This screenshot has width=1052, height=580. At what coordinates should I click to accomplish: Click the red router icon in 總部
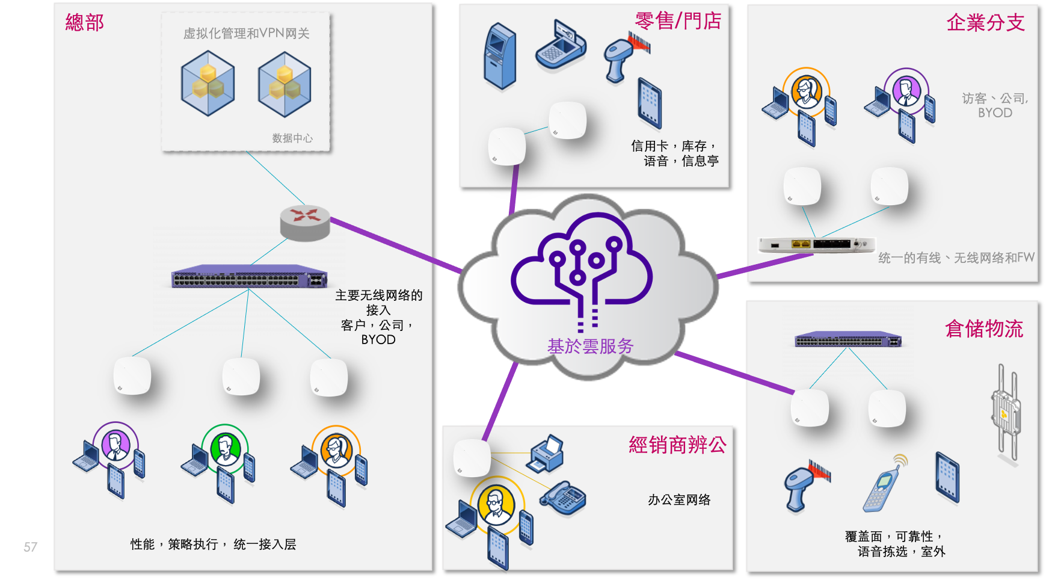coord(305,221)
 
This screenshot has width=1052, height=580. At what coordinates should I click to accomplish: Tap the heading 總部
coord(85,23)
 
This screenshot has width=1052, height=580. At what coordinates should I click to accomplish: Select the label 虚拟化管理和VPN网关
coord(246,34)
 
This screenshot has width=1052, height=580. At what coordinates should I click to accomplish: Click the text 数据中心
coord(292,138)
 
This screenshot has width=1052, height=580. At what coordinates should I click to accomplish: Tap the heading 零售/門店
coord(678,21)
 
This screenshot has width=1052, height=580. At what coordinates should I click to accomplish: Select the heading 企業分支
coord(985,23)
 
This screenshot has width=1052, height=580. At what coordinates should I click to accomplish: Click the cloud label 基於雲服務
coord(590,347)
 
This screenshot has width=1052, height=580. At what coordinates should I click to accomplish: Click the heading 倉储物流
coord(984,329)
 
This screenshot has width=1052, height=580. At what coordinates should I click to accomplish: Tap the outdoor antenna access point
coord(1005,412)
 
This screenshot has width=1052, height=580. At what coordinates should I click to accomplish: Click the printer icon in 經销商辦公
coord(546,454)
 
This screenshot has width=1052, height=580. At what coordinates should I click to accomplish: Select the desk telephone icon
coord(562,498)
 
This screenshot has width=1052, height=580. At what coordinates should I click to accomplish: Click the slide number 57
coord(30,547)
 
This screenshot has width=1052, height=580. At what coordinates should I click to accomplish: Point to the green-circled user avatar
coord(225,449)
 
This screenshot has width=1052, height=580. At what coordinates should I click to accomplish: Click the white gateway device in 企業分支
coord(816,244)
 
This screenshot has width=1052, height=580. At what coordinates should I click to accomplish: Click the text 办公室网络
coord(679,500)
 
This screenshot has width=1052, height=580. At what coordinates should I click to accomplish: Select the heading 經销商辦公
coord(677,445)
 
